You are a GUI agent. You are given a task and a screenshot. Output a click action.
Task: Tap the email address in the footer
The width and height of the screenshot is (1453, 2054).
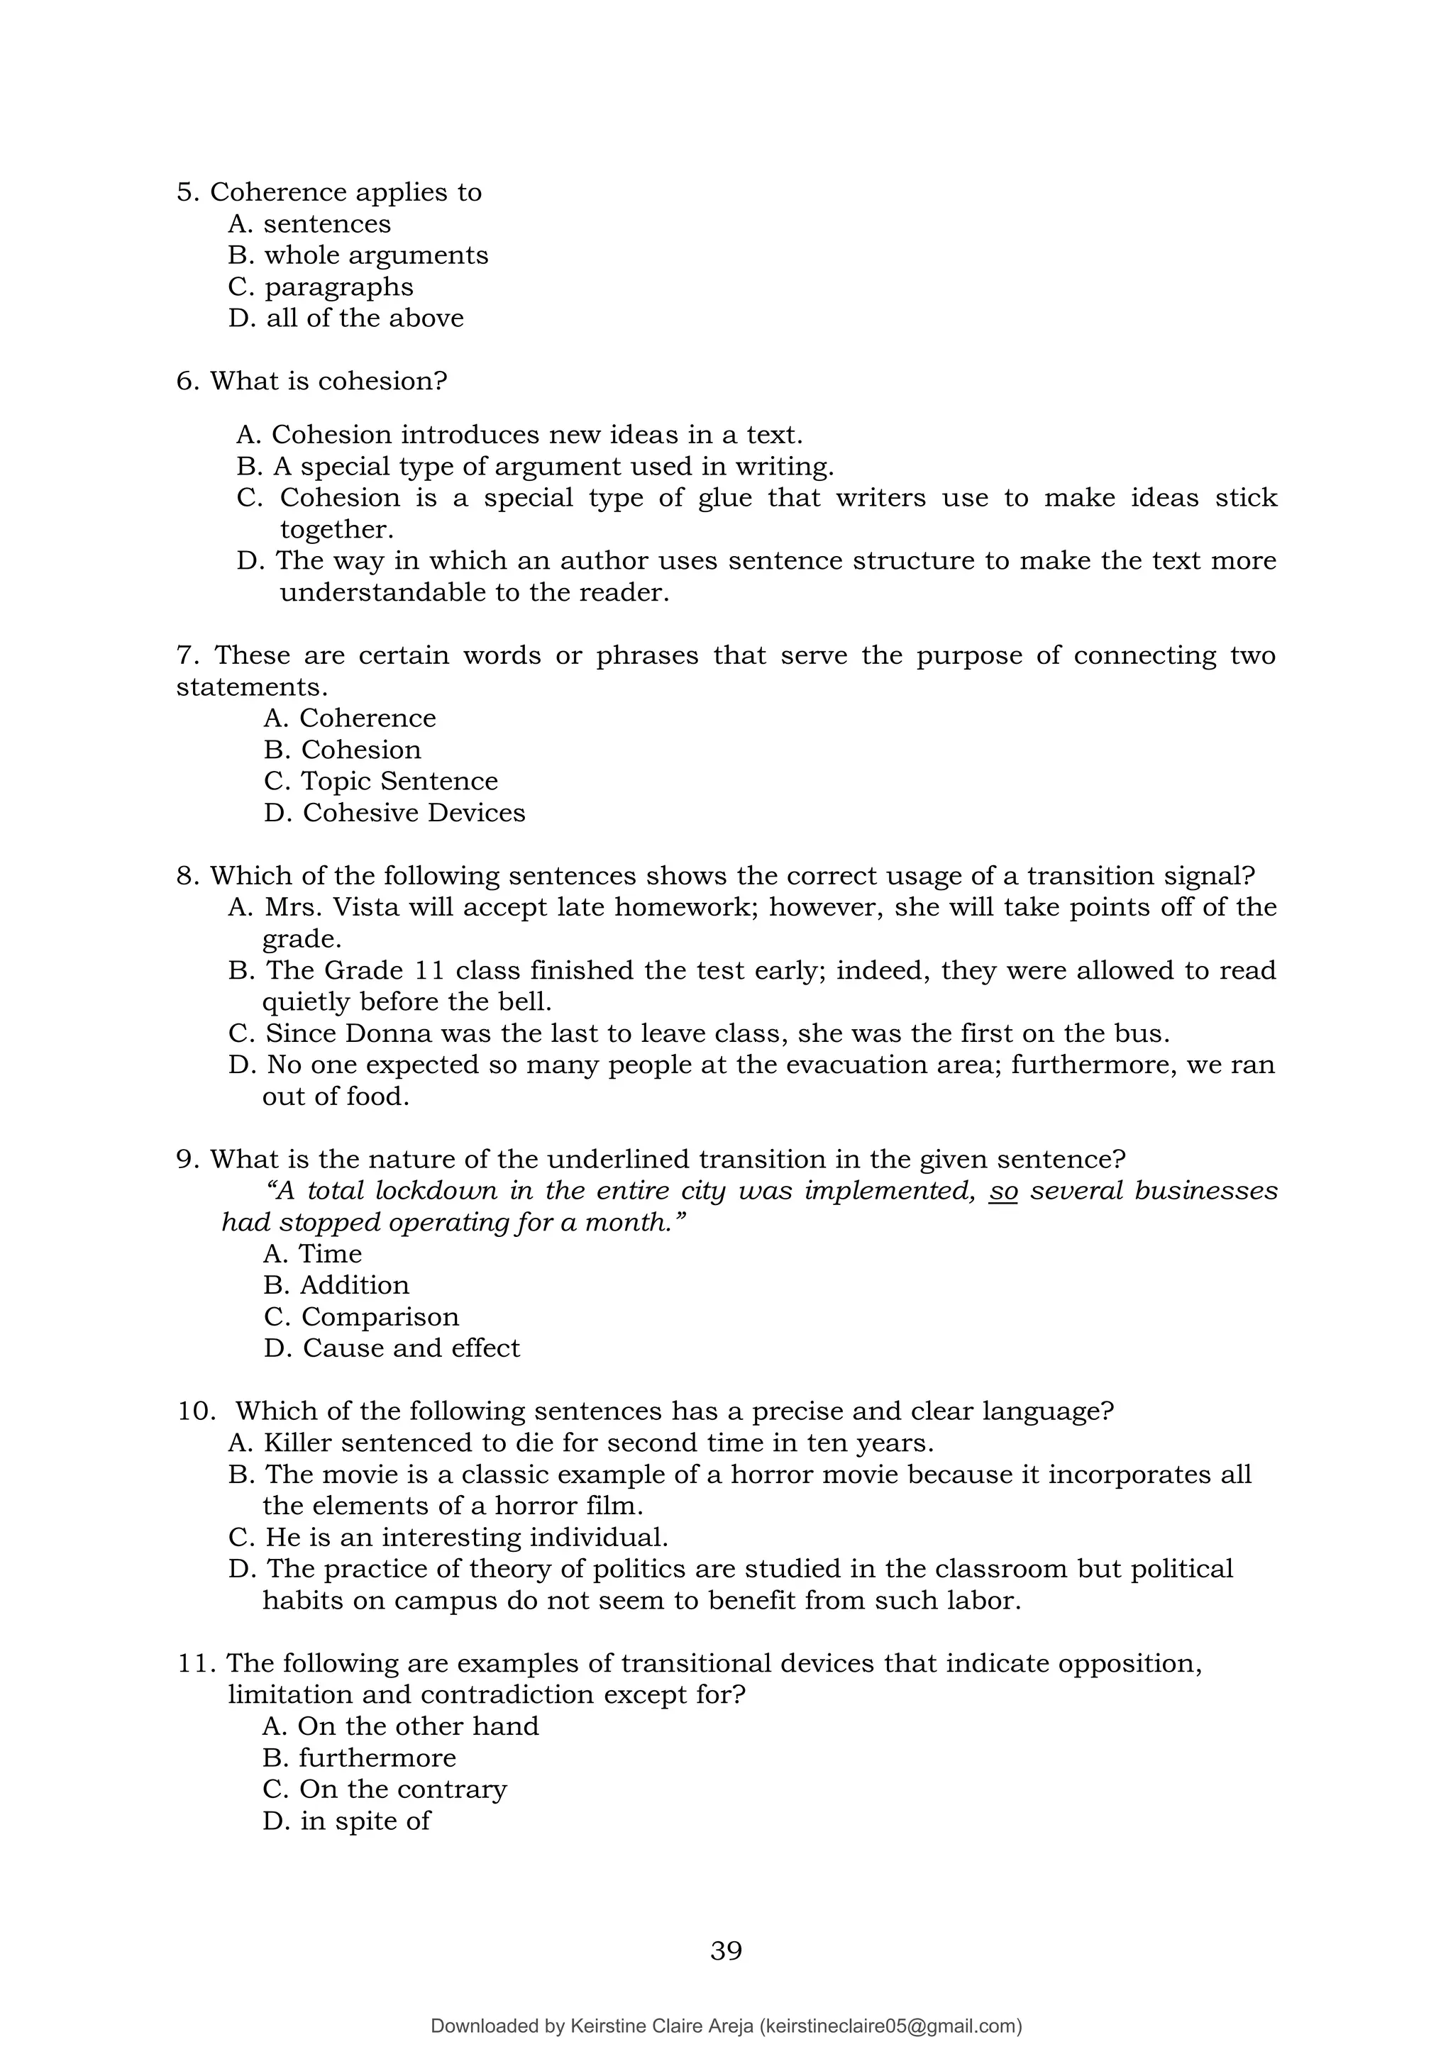point(890,2026)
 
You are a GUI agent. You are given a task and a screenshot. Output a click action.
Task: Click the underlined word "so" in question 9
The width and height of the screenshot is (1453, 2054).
point(1003,1192)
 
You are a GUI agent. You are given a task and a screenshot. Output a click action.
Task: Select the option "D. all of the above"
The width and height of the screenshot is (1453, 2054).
point(346,318)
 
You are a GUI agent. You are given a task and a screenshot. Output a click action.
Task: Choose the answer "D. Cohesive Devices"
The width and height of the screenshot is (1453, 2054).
point(394,814)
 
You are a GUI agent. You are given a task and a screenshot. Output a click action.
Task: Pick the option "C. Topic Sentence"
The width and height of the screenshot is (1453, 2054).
point(380,781)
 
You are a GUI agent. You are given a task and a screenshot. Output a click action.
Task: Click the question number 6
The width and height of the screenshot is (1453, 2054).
point(188,382)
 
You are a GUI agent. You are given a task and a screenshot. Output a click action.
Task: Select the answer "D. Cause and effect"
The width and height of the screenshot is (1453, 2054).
point(391,1348)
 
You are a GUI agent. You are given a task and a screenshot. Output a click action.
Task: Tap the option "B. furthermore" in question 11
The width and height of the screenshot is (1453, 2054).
point(359,1758)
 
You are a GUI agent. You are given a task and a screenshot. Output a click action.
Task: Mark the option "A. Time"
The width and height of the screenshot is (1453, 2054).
point(312,1254)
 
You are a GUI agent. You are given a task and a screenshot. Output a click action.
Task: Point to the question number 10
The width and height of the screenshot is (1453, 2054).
point(196,1411)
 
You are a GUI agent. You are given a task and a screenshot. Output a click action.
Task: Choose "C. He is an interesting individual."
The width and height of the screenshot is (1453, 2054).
point(448,1538)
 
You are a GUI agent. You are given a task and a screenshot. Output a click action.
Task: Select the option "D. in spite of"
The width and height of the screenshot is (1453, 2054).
point(346,1821)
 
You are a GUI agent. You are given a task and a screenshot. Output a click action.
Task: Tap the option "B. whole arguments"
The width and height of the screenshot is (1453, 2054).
point(358,256)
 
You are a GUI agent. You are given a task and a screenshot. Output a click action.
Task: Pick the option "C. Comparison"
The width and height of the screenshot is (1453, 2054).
point(360,1317)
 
